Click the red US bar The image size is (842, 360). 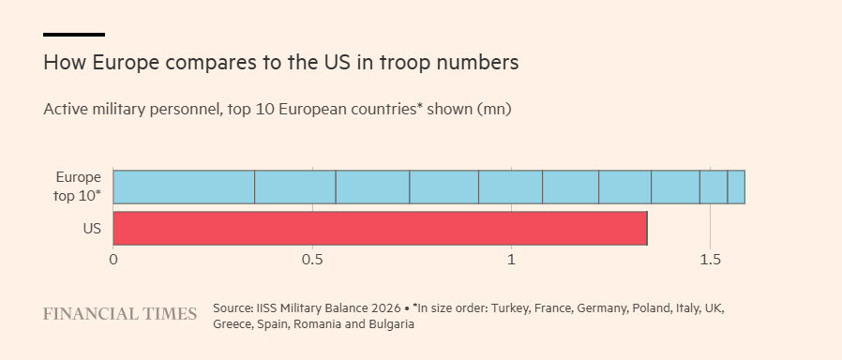point(380,229)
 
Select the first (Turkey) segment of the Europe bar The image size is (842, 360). point(184,187)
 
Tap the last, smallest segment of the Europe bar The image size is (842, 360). point(736,187)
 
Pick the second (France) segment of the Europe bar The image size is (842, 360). point(295,187)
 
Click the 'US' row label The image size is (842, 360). point(92,229)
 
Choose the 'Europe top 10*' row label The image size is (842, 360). point(78,187)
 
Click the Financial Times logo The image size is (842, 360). point(120,314)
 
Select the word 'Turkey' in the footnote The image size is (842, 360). point(538,309)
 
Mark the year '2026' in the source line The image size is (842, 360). point(386,309)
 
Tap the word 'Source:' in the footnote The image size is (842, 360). point(230,309)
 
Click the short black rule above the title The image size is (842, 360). point(74,35)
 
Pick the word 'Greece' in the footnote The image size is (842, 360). point(230,324)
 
